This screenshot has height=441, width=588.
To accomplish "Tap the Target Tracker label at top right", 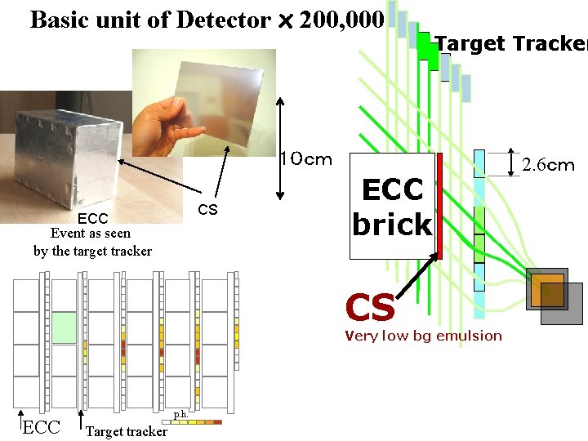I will coord(511,43).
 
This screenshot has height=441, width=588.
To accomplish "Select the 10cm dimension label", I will coord(306,158).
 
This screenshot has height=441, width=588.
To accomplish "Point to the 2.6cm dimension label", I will coord(548,166).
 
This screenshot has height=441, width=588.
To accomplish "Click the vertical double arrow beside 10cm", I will coord(281,147).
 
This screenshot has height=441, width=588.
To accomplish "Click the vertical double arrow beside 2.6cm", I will coord(511,163).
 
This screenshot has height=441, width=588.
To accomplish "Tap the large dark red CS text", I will coord(370,308).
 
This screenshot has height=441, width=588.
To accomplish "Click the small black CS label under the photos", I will coord(208,211).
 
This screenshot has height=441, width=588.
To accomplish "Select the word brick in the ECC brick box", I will coord(392,224).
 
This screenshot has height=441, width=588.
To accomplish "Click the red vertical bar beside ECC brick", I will coord(439,205).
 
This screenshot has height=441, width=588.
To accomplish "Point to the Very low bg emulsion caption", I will coord(423,336).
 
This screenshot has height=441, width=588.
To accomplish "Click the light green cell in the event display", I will coord(64,327).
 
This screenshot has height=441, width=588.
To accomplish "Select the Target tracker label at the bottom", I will coord(127,431).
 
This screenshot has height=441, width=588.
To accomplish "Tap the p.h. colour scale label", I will coord(181,414).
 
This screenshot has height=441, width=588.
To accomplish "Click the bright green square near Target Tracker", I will coord(425,46).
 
